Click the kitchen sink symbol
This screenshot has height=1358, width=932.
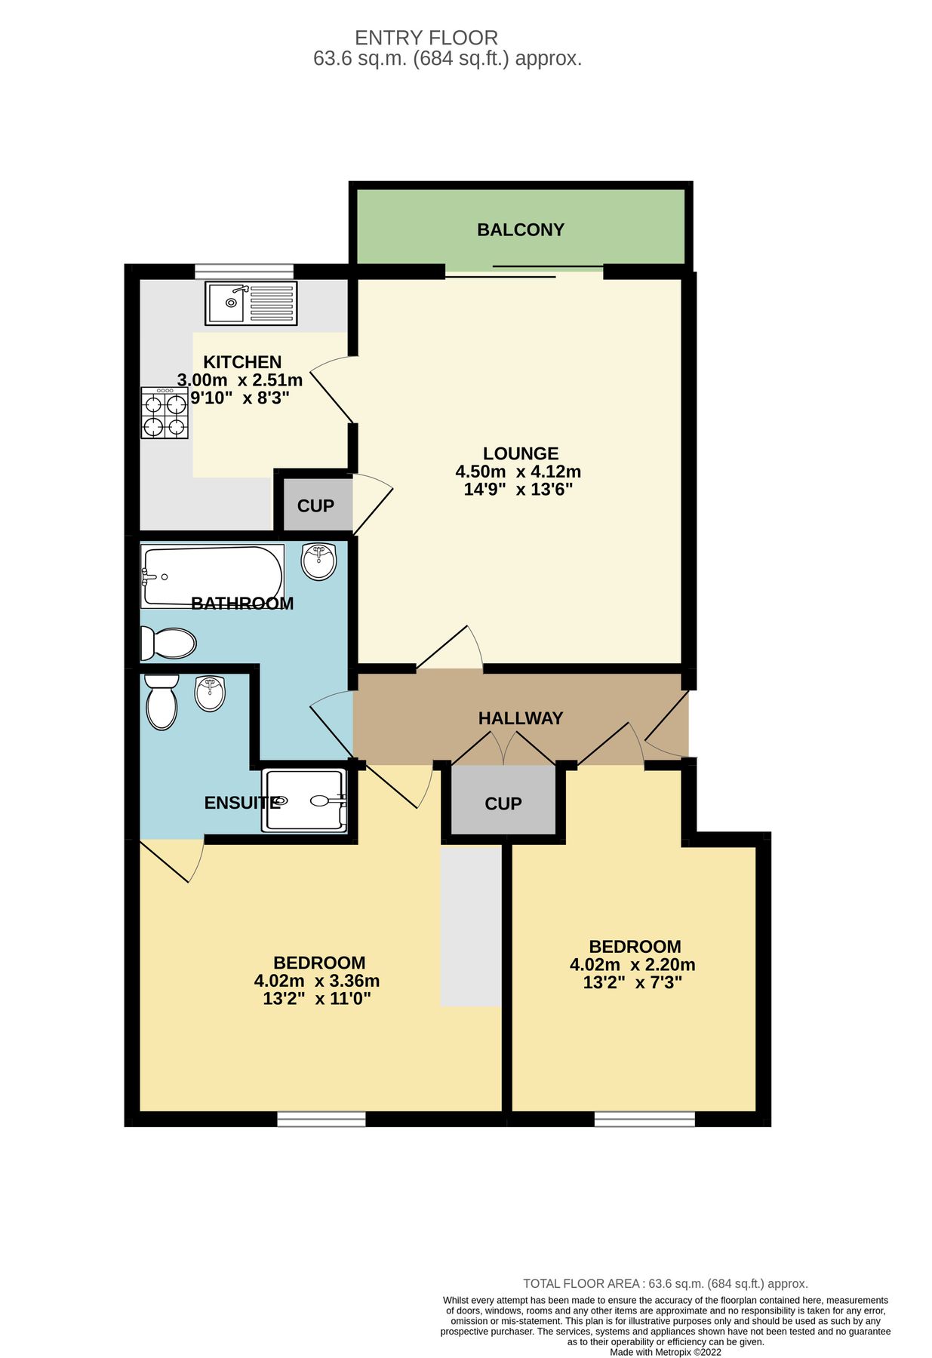251,303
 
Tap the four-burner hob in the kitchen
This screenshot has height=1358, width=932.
164,413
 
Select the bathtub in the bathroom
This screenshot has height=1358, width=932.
212,576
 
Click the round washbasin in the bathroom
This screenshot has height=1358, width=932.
318,561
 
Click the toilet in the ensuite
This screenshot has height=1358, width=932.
161,702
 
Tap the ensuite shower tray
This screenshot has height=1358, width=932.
304,800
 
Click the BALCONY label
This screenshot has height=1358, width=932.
520,229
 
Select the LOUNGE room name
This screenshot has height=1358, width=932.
520,453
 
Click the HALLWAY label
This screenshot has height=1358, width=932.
520,718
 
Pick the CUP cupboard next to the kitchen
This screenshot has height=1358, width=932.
315,505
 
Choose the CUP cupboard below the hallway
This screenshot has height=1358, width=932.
503,803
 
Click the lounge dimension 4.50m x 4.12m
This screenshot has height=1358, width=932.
518,472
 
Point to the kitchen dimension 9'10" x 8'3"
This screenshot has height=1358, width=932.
239,398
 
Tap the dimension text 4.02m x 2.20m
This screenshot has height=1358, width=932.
632,964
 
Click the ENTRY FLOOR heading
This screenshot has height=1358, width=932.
426,38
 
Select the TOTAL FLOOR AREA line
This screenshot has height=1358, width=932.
665,1283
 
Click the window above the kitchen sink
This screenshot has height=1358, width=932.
243,271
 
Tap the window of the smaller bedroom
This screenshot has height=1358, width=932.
644,1118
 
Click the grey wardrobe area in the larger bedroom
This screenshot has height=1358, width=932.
471,926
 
